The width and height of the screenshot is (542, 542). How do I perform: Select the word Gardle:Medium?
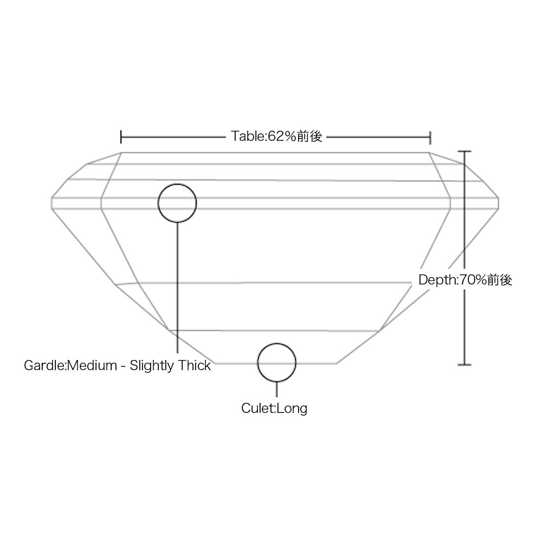[x=70, y=365]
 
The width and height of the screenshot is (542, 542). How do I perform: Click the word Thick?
[x=194, y=365]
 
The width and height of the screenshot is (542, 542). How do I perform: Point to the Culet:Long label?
[x=274, y=408]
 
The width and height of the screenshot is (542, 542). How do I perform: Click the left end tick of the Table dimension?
[x=121, y=137]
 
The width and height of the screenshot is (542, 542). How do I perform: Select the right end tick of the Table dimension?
[x=430, y=137]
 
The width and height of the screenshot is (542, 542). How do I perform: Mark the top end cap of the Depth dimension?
[x=464, y=151]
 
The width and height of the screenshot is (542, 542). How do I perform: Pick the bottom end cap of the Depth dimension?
[x=464, y=365]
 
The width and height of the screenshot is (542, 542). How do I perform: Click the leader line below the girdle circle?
[x=177, y=288]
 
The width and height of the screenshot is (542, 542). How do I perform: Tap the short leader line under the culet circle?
[x=276, y=390]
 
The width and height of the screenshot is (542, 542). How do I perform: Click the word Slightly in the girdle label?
[x=151, y=365]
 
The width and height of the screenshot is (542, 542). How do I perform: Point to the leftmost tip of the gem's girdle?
[x=51, y=203]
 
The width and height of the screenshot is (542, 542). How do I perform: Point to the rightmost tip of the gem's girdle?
[x=499, y=203]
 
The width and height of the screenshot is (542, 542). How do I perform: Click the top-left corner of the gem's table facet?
[x=121, y=152]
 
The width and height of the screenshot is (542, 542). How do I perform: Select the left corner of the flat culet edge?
[x=215, y=364]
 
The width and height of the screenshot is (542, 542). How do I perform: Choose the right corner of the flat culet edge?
[x=337, y=364]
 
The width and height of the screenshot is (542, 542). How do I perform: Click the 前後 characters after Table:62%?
[x=309, y=136]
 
